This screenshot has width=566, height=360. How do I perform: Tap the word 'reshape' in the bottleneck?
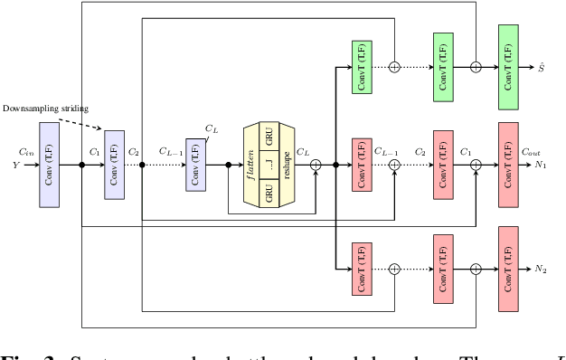[287, 165]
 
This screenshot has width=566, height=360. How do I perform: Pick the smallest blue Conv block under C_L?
[195, 165]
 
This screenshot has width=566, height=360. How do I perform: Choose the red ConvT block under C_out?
[507, 165]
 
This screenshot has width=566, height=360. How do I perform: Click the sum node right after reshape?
[316, 165]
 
